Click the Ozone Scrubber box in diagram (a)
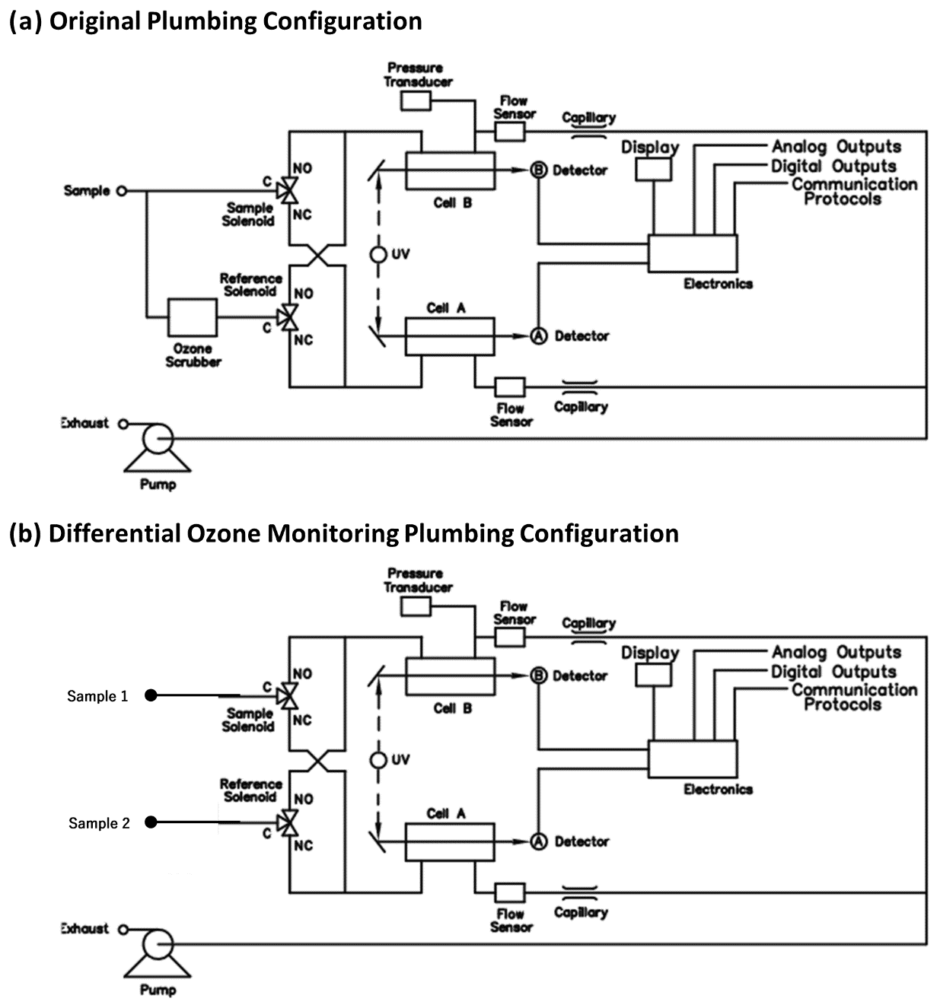(x=193, y=317)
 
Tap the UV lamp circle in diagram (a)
(x=378, y=254)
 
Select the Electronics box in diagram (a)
(x=693, y=253)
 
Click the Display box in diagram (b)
(x=653, y=675)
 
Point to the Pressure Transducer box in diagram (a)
(x=416, y=100)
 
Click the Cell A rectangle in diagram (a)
(x=449, y=336)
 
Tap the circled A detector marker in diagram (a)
(x=539, y=335)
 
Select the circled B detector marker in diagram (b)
(x=539, y=676)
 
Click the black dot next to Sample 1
(x=151, y=695)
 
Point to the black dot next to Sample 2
(x=151, y=822)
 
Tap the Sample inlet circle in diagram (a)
(x=120, y=191)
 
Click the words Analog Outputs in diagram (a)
(x=836, y=147)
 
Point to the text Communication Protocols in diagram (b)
(x=853, y=697)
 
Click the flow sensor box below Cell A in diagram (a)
(x=509, y=386)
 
